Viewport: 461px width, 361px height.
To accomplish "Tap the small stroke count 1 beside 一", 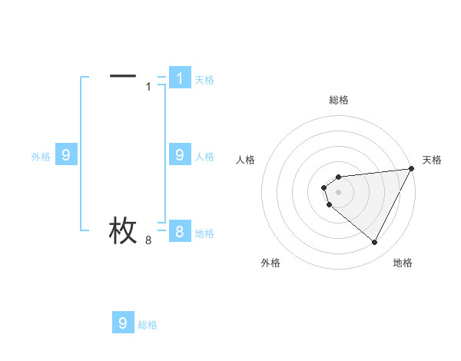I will click(148, 86).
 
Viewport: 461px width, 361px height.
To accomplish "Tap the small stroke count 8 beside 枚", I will click(148, 240).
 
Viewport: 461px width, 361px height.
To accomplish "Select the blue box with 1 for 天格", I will click(179, 78).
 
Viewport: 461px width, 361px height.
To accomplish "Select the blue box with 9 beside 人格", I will click(179, 155).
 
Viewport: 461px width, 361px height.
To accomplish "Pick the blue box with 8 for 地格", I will click(179, 232).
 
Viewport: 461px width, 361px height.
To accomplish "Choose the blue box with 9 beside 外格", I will click(66, 155).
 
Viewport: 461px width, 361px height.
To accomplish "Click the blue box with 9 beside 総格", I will click(123, 323).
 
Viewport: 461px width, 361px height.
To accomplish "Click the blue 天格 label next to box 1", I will click(204, 80).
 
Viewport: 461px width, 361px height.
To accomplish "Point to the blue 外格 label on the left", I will click(41, 157).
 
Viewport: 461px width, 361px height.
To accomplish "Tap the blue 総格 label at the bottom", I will click(148, 325).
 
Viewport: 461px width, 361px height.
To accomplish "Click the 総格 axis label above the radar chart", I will click(338, 100).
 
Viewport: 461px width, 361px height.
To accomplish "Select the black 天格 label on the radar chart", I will click(433, 160).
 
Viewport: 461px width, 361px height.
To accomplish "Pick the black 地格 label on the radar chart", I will click(403, 263).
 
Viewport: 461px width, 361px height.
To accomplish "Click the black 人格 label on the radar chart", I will click(245, 160).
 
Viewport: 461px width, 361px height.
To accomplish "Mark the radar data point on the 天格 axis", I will click(411, 169).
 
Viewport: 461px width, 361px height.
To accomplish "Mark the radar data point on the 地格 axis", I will click(375, 243).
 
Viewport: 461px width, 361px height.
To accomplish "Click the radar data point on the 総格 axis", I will click(338, 174).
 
